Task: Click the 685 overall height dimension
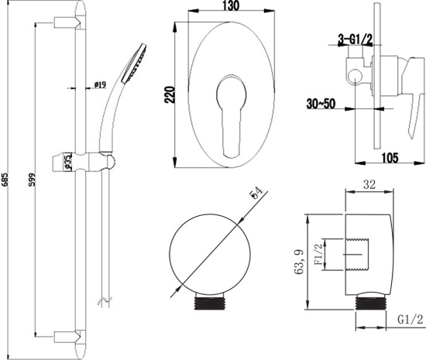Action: coord(7,179)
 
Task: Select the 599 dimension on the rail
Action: coord(29,180)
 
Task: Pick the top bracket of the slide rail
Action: coord(67,26)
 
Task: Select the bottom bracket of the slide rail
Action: coord(67,334)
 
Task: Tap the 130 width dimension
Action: coord(230,6)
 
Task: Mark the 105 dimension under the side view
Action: coord(390,157)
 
